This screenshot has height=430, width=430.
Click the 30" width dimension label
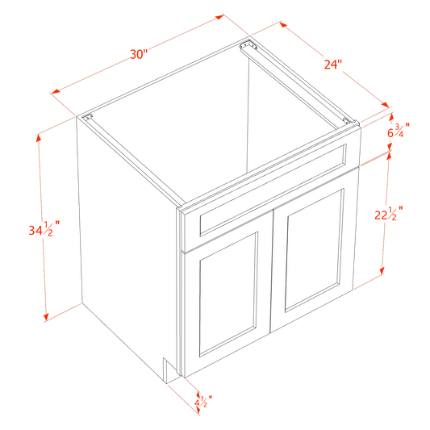pyautogui.click(x=138, y=54)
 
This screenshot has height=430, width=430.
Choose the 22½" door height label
pyautogui.click(x=389, y=215)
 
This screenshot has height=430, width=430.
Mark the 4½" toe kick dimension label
pyautogui.click(x=203, y=399)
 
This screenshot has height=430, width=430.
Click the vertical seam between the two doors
pyautogui.click(x=272, y=282)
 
